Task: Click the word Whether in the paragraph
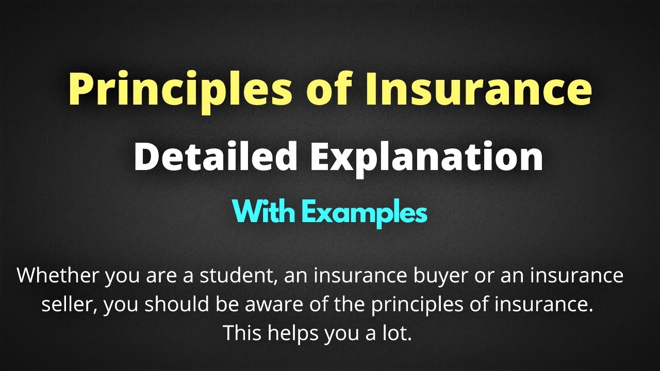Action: coord(57,276)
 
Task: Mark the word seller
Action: coord(69,305)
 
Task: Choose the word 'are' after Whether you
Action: coord(157,276)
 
